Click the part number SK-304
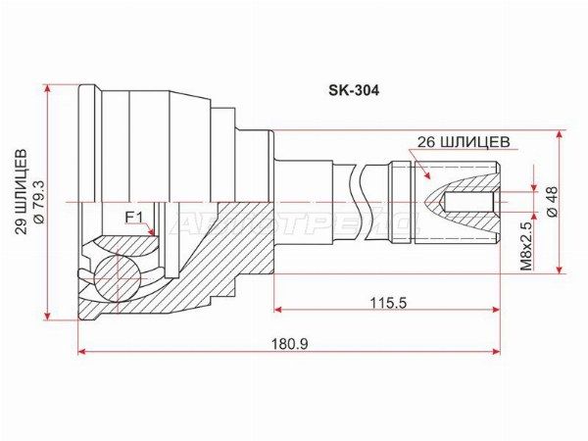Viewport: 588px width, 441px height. [354, 90]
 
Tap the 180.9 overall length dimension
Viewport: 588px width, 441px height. [291, 344]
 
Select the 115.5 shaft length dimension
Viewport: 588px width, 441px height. [388, 302]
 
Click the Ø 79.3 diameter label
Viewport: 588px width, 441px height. [39, 202]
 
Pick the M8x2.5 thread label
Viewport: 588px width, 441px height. [526, 246]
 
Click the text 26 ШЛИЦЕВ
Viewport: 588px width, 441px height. [464, 142]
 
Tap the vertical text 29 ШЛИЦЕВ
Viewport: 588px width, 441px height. [22, 192]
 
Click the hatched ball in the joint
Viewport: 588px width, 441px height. [117, 278]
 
